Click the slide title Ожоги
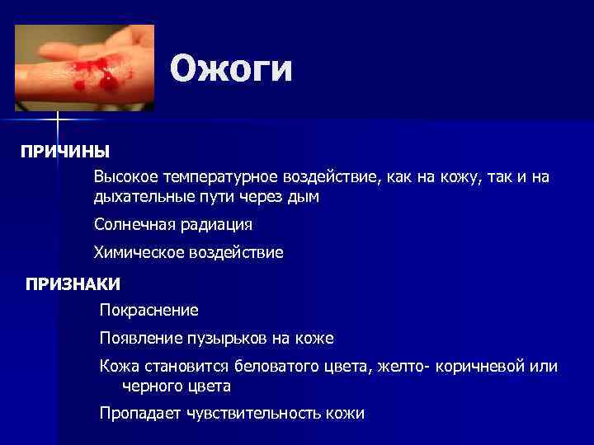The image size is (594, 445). click(x=231, y=69)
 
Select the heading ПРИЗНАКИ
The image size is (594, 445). click(x=73, y=284)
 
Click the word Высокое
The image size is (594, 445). click(x=125, y=178)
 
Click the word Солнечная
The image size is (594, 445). click(x=130, y=225)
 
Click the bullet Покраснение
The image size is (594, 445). click(x=148, y=311)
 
